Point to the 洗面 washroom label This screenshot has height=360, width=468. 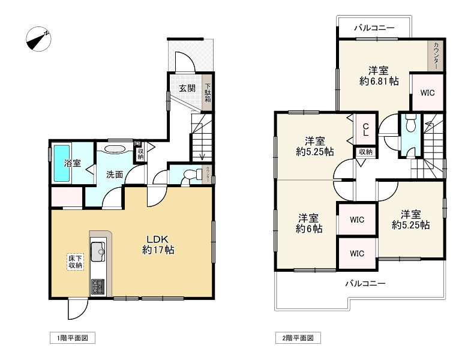point(115,175)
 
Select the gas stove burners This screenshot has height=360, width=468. point(98,286)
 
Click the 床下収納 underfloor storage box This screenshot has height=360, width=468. point(75,262)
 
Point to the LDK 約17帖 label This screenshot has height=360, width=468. point(158,244)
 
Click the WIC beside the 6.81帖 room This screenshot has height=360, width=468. point(427,93)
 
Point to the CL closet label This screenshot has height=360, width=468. point(365,130)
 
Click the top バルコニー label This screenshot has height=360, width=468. point(374,28)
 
